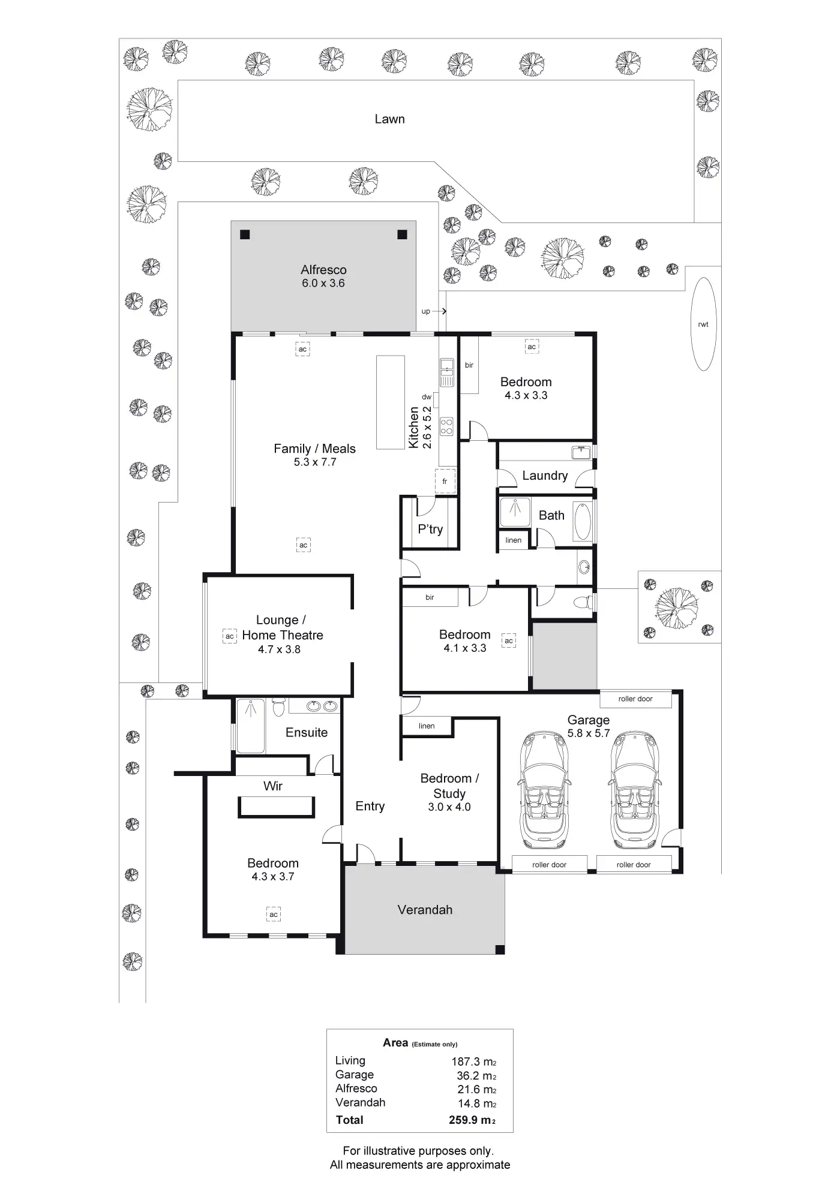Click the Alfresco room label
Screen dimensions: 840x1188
pos(323,270)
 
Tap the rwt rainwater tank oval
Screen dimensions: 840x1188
pos(703,324)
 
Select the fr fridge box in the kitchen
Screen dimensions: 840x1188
pos(445,481)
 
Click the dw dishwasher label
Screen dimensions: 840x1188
pos(427,397)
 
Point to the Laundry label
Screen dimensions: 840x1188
pos(545,476)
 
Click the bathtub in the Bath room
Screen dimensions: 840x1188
pos(583,522)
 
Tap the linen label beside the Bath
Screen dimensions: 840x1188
pos(513,540)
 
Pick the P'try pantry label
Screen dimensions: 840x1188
pos(430,529)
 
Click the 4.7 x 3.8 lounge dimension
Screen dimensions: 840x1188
pos(279,649)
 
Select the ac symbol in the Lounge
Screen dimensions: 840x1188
pos(229,636)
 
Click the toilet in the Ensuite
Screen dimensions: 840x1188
pos(278,708)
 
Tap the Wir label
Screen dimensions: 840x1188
pos(273,786)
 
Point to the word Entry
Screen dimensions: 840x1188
pos(370,807)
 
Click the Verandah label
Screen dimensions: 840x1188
pos(425,910)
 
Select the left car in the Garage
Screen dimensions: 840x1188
pos(544,790)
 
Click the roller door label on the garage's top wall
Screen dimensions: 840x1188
pos(635,699)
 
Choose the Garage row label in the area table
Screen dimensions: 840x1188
pos(355,1075)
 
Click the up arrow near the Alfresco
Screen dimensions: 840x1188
pos(439,311)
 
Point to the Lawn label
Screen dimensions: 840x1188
pos(390,119)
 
